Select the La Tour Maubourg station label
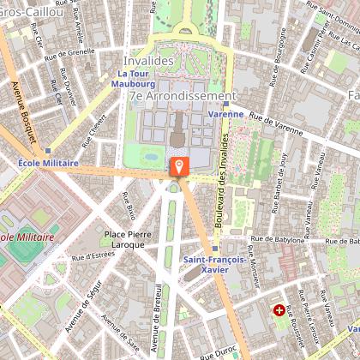coord(135,78)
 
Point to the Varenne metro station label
coord(226,113)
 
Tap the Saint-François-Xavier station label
coord(215,262)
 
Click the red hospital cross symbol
coord(279,309)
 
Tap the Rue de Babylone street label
coord(281,241)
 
